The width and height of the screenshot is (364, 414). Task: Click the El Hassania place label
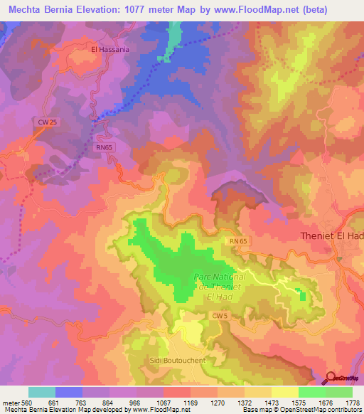point(110,51)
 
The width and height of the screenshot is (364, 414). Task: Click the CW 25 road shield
point(48,122)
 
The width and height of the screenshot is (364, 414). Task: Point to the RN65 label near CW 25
point(105,147)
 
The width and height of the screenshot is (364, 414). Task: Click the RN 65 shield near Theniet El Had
point(238,242)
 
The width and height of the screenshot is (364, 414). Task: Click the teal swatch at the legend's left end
point(42,392)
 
